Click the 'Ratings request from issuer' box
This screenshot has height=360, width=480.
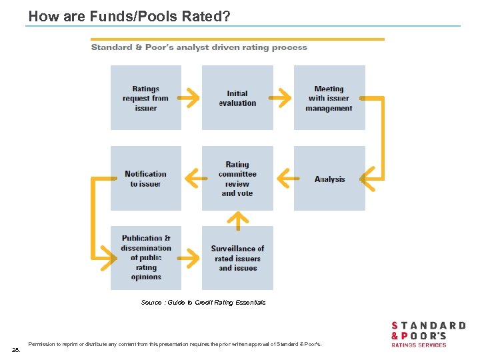coord(145,98)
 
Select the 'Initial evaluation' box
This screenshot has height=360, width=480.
coord(237,98)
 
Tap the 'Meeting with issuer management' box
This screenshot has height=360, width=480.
coord(329,98)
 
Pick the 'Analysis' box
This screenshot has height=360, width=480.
coord(329,179)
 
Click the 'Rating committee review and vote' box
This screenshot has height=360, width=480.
coord(237,179)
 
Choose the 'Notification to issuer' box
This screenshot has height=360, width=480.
coord(145,179)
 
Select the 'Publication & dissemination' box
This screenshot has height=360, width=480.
coord(145,257)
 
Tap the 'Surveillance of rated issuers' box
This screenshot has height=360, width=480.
coord(237,258)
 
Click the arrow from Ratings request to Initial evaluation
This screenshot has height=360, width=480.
coord(191,98)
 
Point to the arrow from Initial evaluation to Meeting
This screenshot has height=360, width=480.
coord(283,98)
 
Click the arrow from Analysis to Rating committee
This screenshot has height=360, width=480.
coord(284,178)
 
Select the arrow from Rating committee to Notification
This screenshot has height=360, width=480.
coord(192,178)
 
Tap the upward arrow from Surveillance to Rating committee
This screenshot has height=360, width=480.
coord(238,219)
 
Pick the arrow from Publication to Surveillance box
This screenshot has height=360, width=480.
coord(191,257)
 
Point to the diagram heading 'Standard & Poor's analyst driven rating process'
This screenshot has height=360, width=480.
coord(199,47)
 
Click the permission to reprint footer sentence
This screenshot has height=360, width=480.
coord(175,344)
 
